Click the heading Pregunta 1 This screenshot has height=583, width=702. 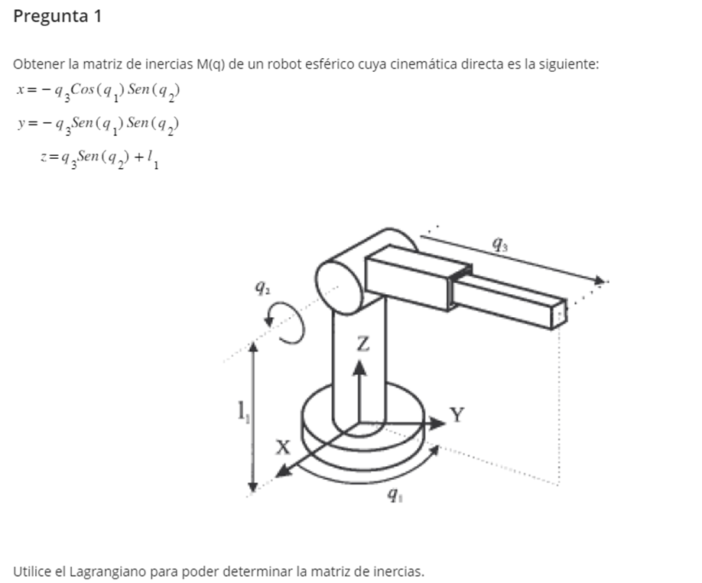pos(57,17)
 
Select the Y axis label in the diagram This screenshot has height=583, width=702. pos(457,415)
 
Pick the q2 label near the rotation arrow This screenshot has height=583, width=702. pos(261,289)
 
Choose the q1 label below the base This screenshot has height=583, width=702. pos(392,495)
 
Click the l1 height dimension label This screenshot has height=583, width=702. pos(240,415)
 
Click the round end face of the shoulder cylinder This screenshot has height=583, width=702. pos(339,285)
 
